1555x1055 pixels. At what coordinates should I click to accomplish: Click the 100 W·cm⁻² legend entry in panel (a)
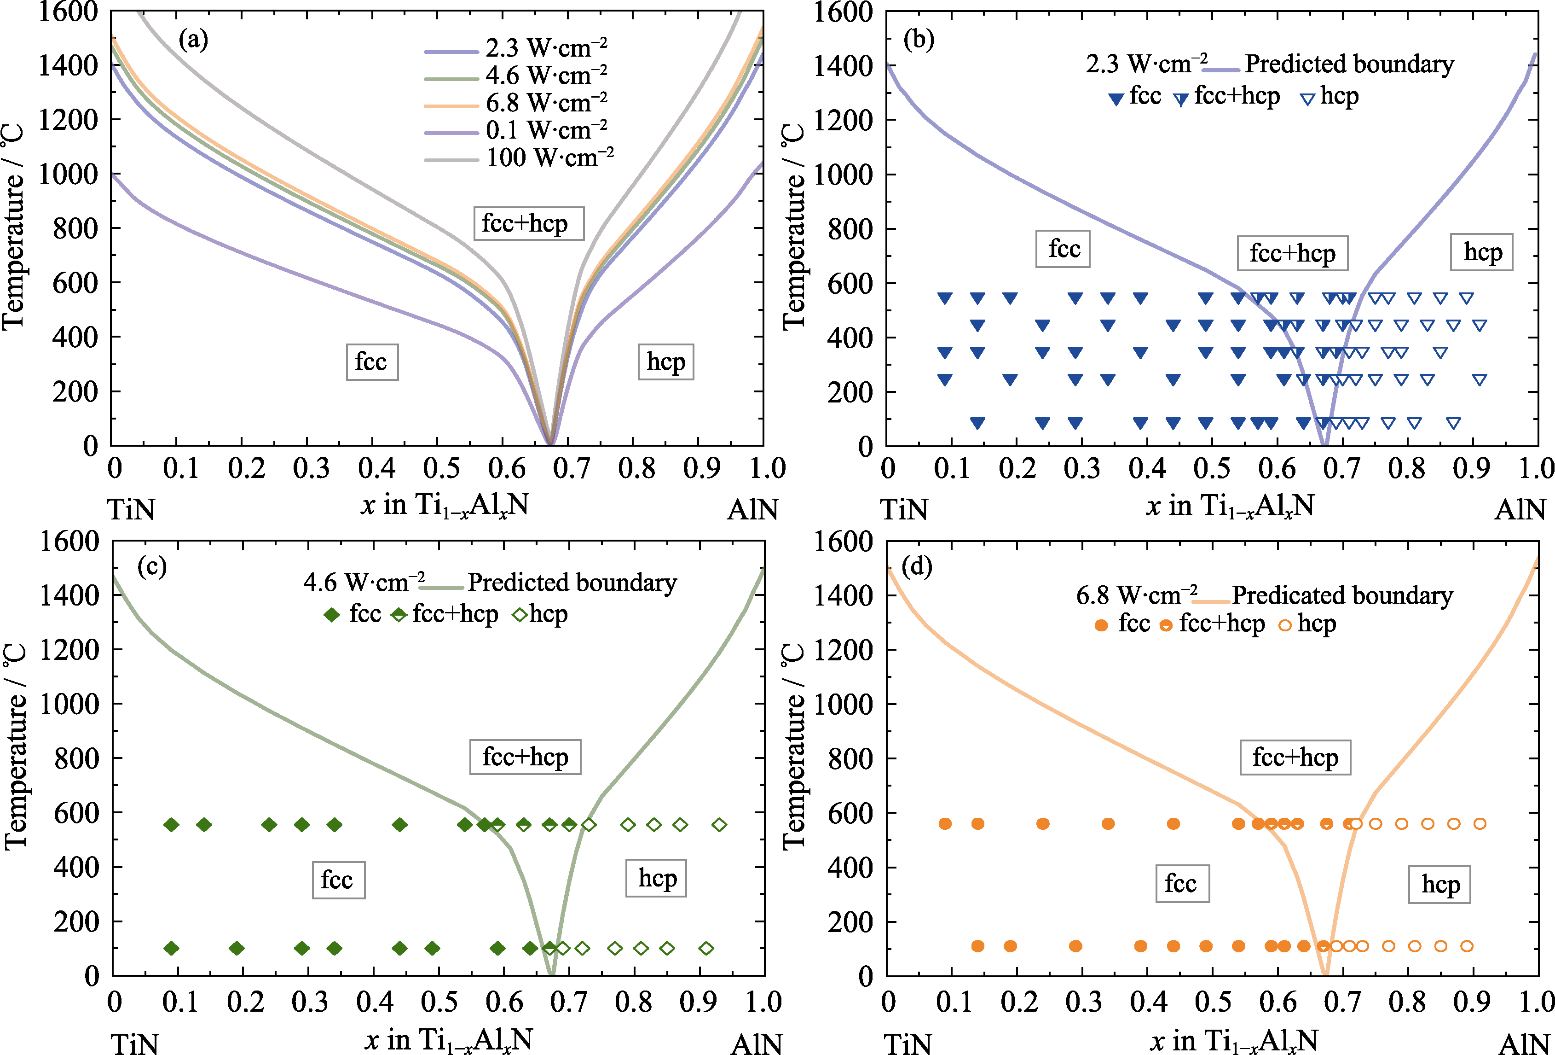(549, 158)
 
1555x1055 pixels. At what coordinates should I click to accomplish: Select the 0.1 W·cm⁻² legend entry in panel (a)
(546, 130)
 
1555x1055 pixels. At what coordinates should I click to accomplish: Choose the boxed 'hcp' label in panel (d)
(1439, 885)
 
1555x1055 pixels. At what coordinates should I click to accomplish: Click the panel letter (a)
(193, 40)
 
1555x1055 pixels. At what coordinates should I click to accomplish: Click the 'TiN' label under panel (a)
(132, 510)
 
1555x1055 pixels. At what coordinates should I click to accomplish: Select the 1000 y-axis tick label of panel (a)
(68, 175)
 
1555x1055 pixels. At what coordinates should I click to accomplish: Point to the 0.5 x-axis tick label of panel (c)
(439, 1002)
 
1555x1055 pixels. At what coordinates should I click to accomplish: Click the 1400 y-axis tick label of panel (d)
(843, 595)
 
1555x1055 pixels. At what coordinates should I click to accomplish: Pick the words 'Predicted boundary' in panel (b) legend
(1349, 64)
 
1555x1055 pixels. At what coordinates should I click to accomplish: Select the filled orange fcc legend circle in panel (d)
(1101, 625)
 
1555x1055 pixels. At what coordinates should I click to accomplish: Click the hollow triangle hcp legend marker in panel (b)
(1307, 99)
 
